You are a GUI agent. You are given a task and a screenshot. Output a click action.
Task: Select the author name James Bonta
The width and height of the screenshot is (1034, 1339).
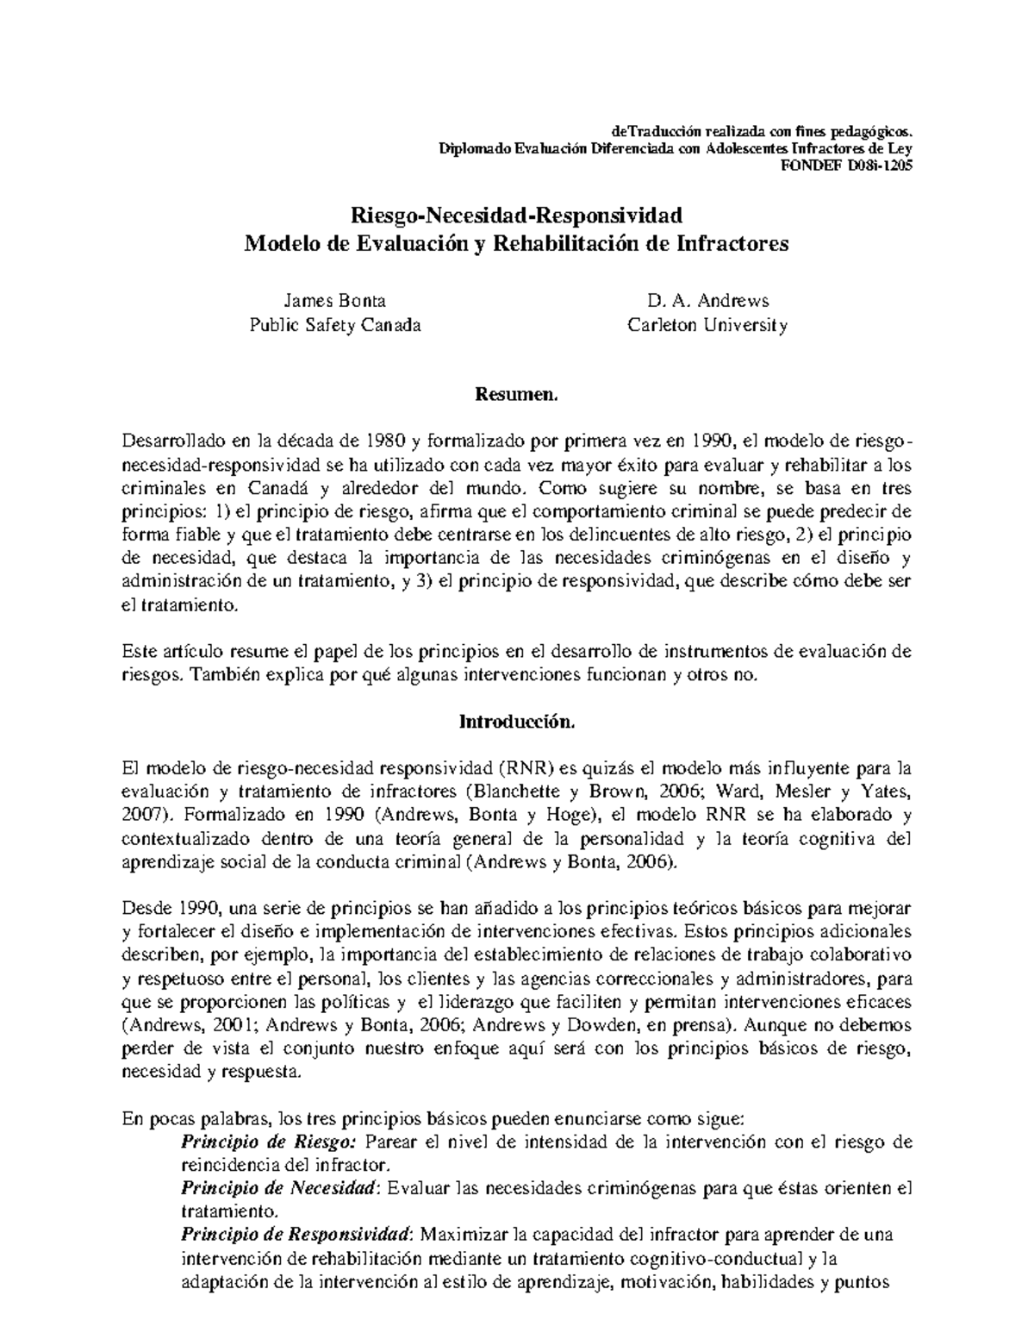point(335,301)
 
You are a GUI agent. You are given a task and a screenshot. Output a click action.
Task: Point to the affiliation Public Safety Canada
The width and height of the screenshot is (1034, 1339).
point(335,326)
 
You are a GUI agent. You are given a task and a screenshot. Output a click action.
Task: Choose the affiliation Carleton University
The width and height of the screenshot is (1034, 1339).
point(707,326)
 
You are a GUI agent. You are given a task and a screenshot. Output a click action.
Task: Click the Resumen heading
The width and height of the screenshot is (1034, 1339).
point(516,396)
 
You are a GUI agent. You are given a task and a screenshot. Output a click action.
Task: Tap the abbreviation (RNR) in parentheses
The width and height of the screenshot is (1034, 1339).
point(525,768)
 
